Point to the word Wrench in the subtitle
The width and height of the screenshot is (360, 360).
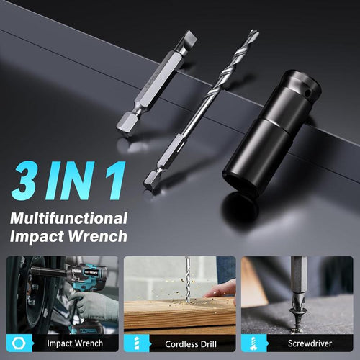(x=99, y=236)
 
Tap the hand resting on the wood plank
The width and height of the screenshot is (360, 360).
(x=222, y=289)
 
